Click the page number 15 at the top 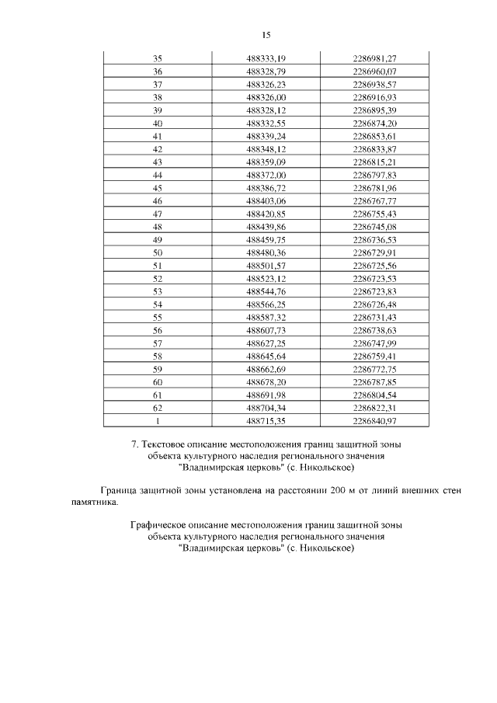(266, 36)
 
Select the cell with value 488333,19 (266, 59)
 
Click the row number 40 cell (158, 124)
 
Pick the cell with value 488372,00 (266, 176)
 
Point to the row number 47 (158, 214)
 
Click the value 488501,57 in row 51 (266, 266)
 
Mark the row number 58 (158, 357)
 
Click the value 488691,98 (266, 395)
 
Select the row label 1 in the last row (158, 421)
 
